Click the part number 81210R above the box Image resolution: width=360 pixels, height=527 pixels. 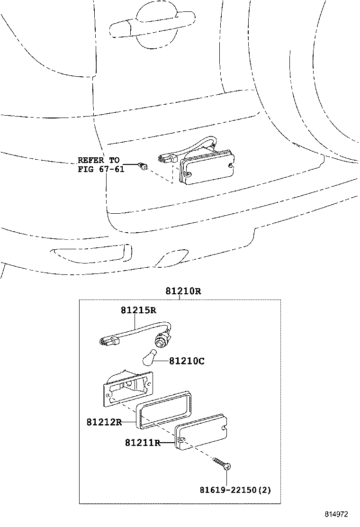coord(183,291)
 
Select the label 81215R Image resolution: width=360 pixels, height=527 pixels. coord(138,310)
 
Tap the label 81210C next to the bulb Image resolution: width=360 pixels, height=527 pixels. coord(187,361)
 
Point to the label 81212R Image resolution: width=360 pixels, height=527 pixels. coord(104,422)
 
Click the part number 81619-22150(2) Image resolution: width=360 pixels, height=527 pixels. coord(235,490)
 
